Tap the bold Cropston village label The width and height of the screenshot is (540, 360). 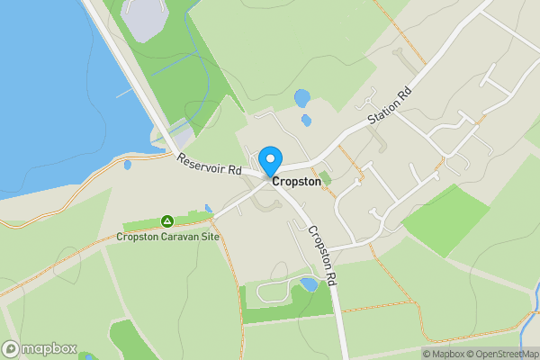[x=296, y=181]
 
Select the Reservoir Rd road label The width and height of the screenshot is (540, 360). [x=210, y=165]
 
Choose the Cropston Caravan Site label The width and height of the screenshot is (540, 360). [x=167, y=237]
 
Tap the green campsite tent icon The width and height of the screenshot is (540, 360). [x=166, y=220]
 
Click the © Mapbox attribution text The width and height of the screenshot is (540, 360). [x=446, y=354]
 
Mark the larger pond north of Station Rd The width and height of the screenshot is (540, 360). [x=302, y=96]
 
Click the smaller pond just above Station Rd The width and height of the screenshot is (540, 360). [x=307, y=120]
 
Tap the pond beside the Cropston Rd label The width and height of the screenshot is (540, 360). [x=309, y=284]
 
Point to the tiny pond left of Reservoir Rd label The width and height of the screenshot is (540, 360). [x=127, y=165]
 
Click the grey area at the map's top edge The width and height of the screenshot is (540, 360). [x=142, y=20]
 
